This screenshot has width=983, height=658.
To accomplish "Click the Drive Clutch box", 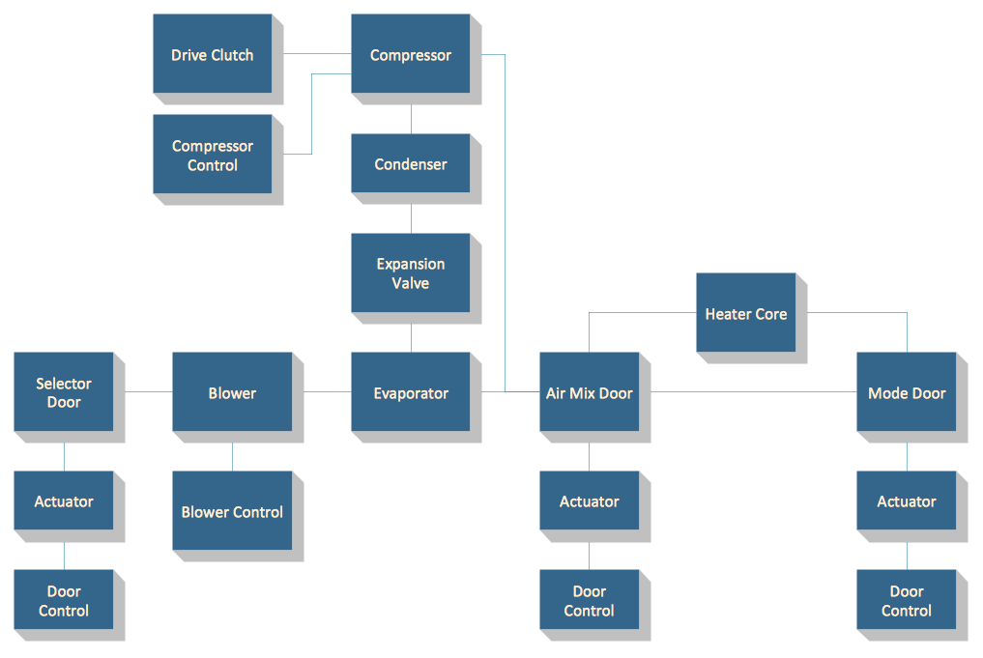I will pos(213,54).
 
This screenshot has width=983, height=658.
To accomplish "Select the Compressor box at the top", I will pos(410,54).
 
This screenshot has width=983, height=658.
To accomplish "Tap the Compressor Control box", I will pos(213,155).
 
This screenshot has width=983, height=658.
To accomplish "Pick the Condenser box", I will pos(410,163).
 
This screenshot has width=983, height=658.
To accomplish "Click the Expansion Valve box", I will pos(410,272).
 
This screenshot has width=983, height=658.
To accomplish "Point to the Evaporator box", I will pos(410,392).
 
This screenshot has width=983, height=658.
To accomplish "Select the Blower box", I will pos(232,392).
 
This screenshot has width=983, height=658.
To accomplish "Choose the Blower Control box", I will pos(232,511).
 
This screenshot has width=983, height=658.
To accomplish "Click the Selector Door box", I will pos(64,392).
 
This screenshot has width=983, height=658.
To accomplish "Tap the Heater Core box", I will pos(745,313).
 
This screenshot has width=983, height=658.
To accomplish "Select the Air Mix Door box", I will pos(589,392).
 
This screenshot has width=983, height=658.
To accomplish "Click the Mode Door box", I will pos(906,392).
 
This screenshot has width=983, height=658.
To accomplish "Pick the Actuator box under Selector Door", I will pos(64,501).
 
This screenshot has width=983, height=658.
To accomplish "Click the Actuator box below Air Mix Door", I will pos(589,501).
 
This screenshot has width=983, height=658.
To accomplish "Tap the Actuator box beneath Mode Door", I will pos(906,501).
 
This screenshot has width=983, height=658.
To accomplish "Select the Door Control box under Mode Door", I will pos(906,600).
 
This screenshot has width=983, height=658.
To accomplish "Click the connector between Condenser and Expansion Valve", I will pos(411,218).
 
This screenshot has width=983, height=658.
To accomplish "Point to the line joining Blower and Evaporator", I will pos(327,391).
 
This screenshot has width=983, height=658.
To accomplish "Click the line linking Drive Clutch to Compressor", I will pos(317,53).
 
